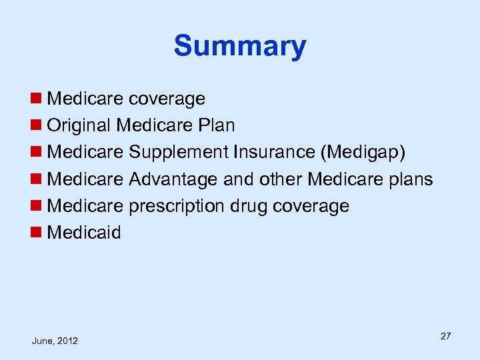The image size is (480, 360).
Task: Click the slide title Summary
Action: point(240,47)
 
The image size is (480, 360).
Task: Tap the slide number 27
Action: point(445,336)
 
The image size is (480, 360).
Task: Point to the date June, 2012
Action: point(55,341)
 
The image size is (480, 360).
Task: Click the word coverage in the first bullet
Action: point(167,99)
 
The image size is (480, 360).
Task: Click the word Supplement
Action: point(179,153)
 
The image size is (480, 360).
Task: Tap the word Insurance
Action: point(275,153)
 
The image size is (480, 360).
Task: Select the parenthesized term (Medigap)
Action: point(363,153)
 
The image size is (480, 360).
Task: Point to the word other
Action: point(279,179)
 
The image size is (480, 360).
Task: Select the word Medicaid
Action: point(85,233)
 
